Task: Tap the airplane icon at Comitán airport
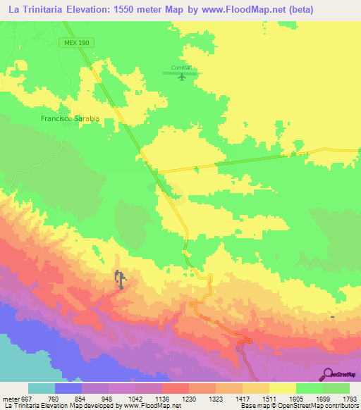[183, 76]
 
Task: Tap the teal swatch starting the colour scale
[41, 388]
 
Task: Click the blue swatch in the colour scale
[68, 388]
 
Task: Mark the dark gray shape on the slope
[121, 280]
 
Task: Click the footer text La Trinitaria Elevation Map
[40, 406]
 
